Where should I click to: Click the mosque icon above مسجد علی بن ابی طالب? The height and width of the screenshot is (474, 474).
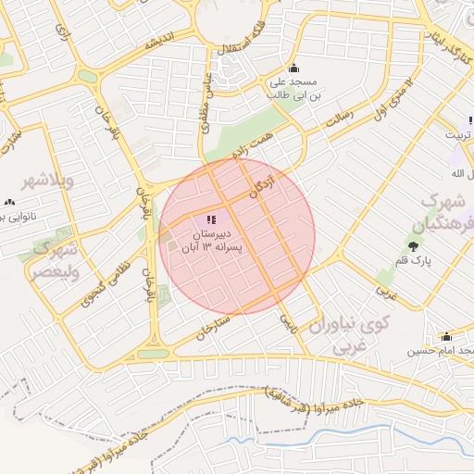[294, 67]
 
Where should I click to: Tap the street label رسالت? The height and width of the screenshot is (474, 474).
[340, 118]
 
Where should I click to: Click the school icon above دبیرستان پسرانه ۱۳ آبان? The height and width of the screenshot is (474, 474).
[212, 219]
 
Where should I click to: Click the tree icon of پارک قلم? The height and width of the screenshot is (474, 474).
[413, 245]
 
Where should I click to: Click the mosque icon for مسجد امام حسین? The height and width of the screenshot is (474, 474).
[446, 336]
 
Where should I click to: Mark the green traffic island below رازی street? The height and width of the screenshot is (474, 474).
[88, 76]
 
